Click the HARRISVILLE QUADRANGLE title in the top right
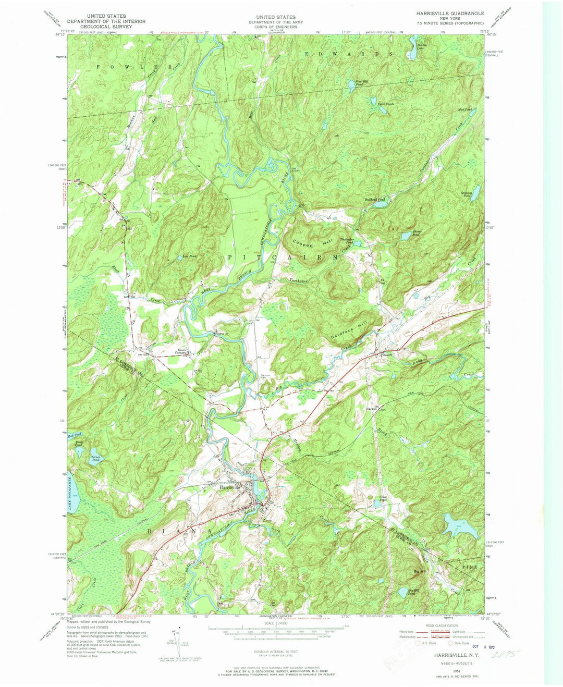450,13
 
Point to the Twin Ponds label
385,104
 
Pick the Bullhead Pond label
374,200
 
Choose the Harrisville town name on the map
232,488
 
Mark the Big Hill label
419,572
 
